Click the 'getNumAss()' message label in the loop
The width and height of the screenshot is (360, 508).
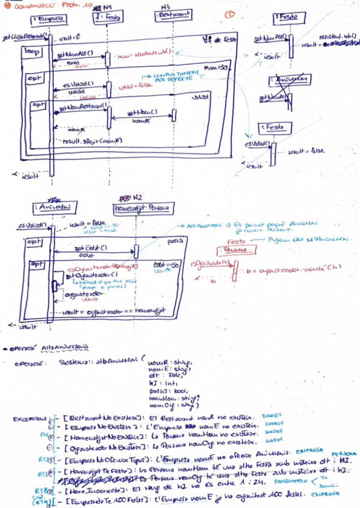click(x=76, y=54)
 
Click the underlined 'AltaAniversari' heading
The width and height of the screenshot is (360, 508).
click(x=65, y=347)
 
